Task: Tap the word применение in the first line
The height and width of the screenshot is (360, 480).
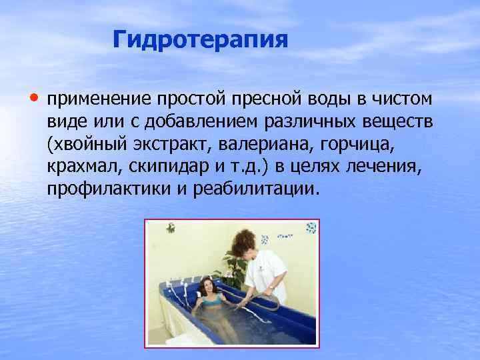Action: click(99, 100)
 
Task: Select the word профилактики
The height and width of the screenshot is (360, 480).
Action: click(99, 188)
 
